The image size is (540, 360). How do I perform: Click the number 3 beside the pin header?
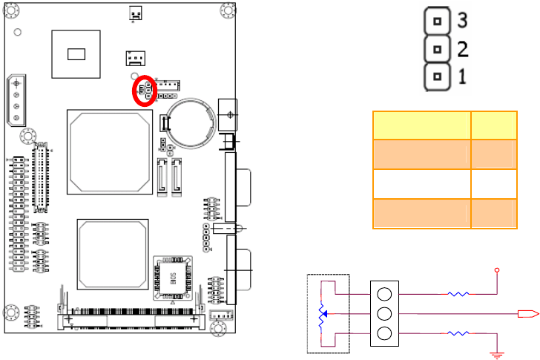[462, 20]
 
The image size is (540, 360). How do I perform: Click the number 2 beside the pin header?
[462, 49]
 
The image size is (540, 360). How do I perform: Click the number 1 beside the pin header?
[462, 76]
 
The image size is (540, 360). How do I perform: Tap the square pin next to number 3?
[438, 21]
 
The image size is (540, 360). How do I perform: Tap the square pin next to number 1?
[438, 76]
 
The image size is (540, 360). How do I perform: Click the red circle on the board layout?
[145, 91]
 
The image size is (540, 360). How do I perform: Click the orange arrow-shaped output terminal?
[527, 314]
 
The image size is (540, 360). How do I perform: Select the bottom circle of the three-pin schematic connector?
[384, 333]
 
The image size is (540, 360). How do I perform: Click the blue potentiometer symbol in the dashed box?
[320, 315]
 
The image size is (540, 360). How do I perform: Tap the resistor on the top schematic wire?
[458, 294]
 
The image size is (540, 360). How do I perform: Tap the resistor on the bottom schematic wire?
[458, 334]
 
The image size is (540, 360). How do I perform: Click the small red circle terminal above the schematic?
[497, 269]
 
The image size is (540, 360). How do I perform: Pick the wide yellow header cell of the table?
[421, 125]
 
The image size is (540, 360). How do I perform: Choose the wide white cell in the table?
[421, 183]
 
